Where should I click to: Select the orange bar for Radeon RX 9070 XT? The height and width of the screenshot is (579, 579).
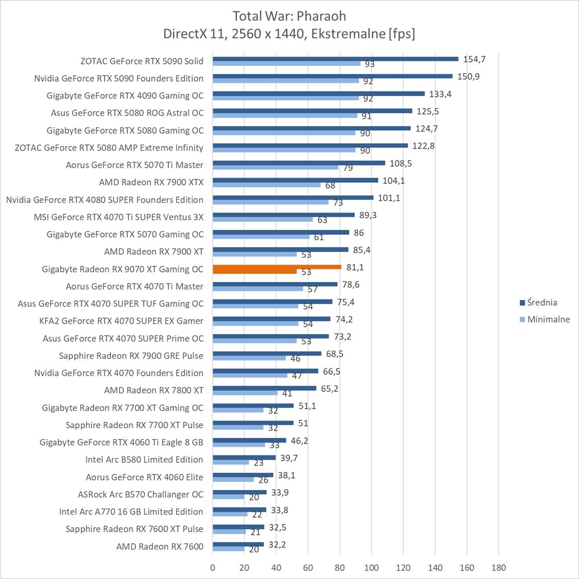tap(277, 267)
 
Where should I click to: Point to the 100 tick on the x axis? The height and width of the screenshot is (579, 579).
tap(372, 568)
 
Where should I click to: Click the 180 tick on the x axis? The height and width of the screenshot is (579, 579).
tap(498, 568)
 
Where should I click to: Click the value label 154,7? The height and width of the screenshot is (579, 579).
tap(474, 59)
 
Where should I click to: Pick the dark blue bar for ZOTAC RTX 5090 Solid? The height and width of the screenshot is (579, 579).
tap(335, 59)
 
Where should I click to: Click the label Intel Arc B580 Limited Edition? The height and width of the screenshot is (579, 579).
tap(144, 460)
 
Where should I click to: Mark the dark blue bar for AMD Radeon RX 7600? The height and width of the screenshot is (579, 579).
tap(238, 544)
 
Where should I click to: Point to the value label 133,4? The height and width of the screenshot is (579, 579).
tap(440, 94)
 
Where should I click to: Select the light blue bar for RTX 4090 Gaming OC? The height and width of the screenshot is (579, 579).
tap(285, 98)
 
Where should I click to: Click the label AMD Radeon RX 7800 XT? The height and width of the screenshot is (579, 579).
tap(154, 390)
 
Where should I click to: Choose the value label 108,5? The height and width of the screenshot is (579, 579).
tap(401, 163)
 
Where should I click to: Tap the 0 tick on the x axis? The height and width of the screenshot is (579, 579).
tap(213, 568)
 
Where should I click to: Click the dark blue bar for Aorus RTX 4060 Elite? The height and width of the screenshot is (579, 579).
tap(243, 475)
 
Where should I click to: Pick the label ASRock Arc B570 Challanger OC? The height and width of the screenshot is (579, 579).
tap(140, 494)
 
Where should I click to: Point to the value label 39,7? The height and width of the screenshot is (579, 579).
tap(289, 458)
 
